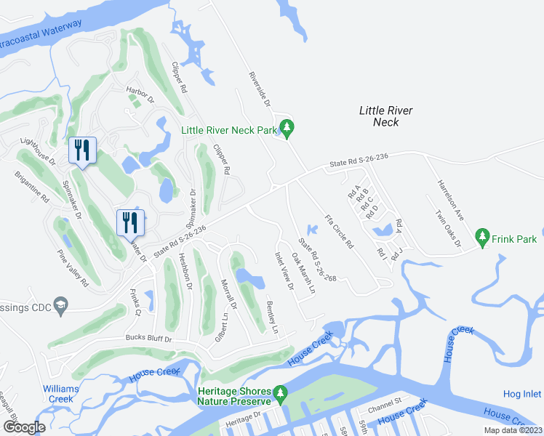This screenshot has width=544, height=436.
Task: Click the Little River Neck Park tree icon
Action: coord(288,129)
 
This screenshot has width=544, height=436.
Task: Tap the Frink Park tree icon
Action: coord(481,236)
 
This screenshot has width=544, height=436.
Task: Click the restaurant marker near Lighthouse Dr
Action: coord(81,151)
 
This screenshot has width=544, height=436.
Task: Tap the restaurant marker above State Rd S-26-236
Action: coord(130,222)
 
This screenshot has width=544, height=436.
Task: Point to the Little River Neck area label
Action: coord(385,116)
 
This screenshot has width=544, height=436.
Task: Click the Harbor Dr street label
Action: coord(140,94)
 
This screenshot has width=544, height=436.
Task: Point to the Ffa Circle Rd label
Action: coord(338,232)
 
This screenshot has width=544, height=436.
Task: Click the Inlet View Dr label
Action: coord(283,270)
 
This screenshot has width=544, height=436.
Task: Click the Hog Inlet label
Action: coord(521,394)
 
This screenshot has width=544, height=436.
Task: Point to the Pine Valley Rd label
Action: coord(73,267)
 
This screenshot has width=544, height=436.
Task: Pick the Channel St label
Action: coord(385,400)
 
